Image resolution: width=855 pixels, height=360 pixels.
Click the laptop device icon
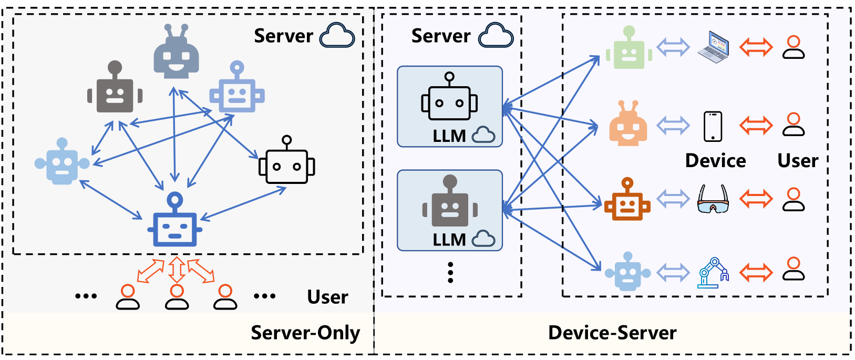pos(713,46)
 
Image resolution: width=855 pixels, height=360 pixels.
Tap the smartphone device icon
pos(713,126)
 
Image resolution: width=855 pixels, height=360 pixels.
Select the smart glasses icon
pos(713,199)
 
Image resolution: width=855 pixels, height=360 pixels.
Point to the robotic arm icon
pos(713,272)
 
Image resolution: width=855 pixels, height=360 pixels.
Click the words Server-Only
pos(305,333)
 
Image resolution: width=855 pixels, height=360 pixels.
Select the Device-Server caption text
pos(612,333)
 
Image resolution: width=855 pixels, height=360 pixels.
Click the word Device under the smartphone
pos(715,161)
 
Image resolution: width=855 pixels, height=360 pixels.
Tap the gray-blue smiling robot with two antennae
pos(176,53)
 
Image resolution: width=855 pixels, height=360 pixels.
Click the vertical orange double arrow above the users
pos(177,270)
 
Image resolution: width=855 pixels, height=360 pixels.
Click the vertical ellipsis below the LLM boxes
pos(450,273)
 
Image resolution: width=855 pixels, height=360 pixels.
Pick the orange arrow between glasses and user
pos(756,199)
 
